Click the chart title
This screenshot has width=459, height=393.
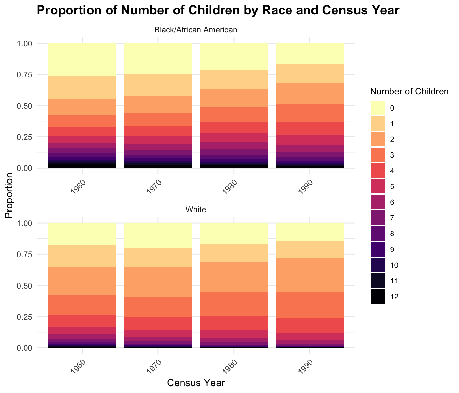[218, 11]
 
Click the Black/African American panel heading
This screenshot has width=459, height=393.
[196, 30]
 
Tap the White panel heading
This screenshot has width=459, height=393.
[196, 210]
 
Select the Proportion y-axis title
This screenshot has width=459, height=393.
[9, 195]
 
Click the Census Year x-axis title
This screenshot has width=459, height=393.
[196, 383]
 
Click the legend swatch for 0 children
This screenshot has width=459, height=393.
[378, 108]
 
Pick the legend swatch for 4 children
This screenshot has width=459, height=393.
[378, 171]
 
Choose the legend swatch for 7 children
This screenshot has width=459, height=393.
[378, 218]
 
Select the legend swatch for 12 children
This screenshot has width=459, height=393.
[378, 297]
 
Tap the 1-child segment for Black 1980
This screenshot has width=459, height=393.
[234, 79]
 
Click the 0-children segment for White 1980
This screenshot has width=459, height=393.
[234, 233]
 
